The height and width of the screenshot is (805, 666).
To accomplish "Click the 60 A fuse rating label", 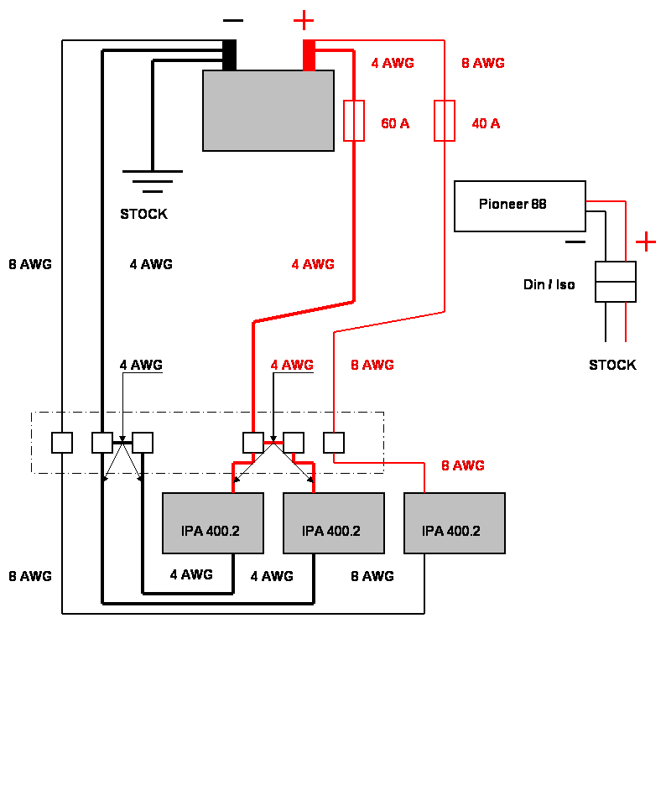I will pos(396,124).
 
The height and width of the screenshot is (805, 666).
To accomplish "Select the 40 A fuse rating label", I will pos(486,124).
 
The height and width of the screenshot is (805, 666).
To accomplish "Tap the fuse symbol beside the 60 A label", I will pos(354,121).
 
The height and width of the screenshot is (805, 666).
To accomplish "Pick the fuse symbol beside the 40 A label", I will pos(445,121).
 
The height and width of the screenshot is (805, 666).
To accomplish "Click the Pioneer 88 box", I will pos(519,205).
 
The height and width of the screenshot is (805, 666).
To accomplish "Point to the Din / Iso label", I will pos(549,286).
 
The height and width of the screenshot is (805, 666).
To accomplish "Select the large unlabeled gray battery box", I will pos(268,111).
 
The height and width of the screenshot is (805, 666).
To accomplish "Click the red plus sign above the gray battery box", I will pos(304,20).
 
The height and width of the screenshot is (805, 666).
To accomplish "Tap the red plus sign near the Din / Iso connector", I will pos(645,242).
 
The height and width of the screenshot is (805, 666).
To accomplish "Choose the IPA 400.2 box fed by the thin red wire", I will pos(454,523).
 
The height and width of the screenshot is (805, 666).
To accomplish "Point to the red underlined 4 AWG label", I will pos(292,366).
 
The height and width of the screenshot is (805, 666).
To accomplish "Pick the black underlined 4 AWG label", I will pos(141,366).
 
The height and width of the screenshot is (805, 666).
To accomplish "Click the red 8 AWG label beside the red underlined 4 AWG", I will pos(372,366).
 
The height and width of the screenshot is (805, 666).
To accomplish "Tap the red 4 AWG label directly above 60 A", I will pos(393,64).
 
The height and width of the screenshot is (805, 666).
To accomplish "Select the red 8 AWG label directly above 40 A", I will pos(483,64).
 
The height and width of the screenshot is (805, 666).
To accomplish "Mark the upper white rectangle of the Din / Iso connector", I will pos(616,272).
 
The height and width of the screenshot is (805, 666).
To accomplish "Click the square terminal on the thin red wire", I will pos(334,442).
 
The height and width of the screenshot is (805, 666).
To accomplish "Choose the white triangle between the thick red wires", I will pos(273,460).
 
